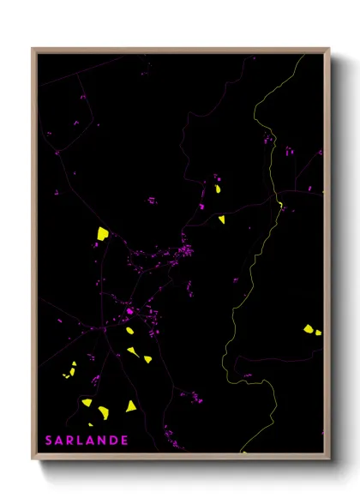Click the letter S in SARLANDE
pyautogui.click(x=50, y=441)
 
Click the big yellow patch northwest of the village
pyautogui.click(x=102, y=232)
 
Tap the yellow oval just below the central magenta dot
pyautogui.click(x=130, y=330)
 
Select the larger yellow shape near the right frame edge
pyautogui.click(x=307, y=327)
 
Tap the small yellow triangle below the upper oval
pyautogui.click(x=221, y=219)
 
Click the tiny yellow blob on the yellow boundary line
pyautogui.click(x=280, y=204)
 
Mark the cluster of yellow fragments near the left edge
pyautogui.click(x=69, y=372)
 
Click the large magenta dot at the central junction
pyautogui.click(x=129, y=311)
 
